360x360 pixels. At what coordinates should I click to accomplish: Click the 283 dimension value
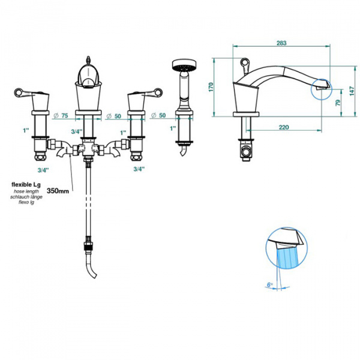pyautogui.click(x=281, y=43)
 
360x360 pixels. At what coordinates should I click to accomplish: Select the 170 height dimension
pyautogui.click(x=211, y=87)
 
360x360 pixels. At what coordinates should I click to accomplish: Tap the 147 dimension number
pyautogui.click(x=352, y=91)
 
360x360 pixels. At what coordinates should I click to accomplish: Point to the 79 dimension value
pyautogui.click(x=338, y=103)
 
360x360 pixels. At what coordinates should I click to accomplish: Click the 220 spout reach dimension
pyautogui.click(x=284, y=127)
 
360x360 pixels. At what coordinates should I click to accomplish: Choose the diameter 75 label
pyautogui.click(x=61, y=115)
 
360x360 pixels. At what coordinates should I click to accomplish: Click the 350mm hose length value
pyautogui.click(x=58, y=191)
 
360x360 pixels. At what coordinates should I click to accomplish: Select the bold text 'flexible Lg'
pyautogui.click(x=26, y=184)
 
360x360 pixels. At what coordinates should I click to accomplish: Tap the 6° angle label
pyautogui.click(x=270, y=284)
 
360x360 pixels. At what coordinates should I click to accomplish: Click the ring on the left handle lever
pyautogui.click(x=19, y=92)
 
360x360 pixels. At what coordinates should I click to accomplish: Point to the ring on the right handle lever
pyautogui.click(x=158, y=92)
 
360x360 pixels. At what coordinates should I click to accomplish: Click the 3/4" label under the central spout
pyautogui.click(x=76, y=131)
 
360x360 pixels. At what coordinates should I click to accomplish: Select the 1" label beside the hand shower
pyautogui.click(x=172, y=128)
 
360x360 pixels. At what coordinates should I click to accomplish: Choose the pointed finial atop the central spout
pyautogui.click(x=88, y=59)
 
